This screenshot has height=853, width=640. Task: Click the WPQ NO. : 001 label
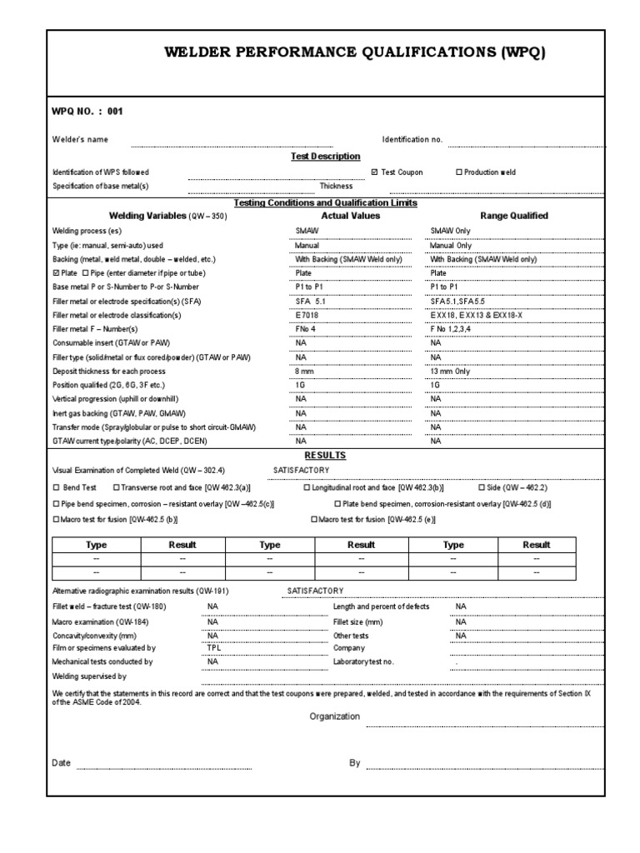[x=77, y=111]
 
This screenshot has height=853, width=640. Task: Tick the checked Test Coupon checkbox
[x=375, y=172]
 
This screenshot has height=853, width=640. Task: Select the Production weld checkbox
[x=459, y=172]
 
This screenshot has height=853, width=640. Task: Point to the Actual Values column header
[x=350, y=216]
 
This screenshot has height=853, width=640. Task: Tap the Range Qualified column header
[x=513, y=216]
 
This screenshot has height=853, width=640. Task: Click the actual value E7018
[x=307, y=316]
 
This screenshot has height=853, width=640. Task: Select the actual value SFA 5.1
[x=312, y=302]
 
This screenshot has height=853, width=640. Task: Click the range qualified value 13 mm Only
[x=450, y=372]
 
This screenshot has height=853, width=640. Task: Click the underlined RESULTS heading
[x=325, y=456]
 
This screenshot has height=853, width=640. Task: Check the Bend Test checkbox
[x=57, y=487]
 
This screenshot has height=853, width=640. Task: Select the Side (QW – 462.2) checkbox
[x=482, y=487]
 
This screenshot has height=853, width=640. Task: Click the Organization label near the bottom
[x=335, y=716]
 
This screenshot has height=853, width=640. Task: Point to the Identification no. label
[x=412, y=140]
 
